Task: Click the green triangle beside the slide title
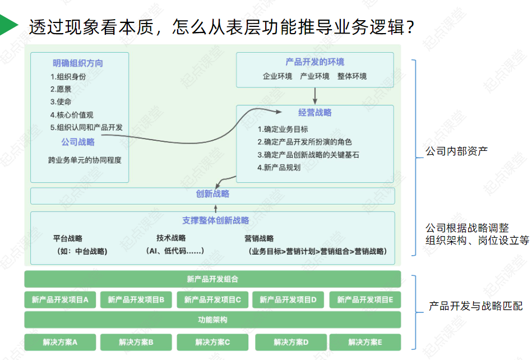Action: coord(8,26)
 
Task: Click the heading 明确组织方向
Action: coord(78,63)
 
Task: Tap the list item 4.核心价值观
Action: coord(72,114)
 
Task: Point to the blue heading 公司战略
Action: coord(78,142)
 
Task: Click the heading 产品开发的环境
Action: coord(314,62)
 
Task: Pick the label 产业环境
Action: coord(314,76)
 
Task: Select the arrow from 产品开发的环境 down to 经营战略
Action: coord(315,96)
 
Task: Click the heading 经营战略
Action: coord(314,113)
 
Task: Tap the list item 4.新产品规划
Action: coord(279,167)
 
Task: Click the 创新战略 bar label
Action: coord(212,195)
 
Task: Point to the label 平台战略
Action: coord(68,238)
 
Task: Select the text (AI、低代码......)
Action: coord(174,251)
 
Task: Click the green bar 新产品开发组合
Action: coord(212,279)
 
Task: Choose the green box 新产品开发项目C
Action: coord(212,300)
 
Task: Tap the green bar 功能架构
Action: coord(212,320)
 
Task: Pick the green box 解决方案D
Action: coord(291,342)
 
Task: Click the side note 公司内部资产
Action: coord(456,151)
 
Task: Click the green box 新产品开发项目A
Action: coord(60,300)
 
